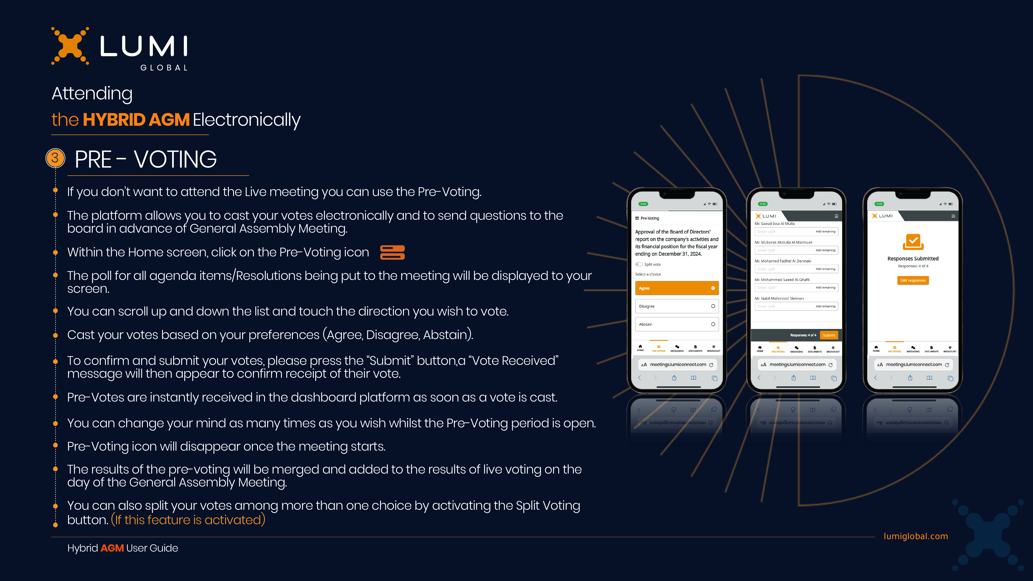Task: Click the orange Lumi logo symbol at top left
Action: point(70,46)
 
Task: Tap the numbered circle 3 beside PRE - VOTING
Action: point(55,158)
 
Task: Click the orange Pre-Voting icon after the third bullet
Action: point(392,253)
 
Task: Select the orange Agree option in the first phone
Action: point(677,288)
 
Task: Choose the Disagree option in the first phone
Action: point(677,306)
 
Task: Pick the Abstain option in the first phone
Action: point(677,324)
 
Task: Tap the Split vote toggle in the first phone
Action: point(639,264)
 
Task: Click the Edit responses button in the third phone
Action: point(913,280)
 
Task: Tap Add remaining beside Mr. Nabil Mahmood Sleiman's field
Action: point(825,306)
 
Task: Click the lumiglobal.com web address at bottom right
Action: point(915,536)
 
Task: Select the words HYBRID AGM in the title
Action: point(136,120)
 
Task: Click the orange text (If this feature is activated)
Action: point(188,520)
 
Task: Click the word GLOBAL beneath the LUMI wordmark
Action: point(164,68)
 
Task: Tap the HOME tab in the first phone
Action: point(640,348)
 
